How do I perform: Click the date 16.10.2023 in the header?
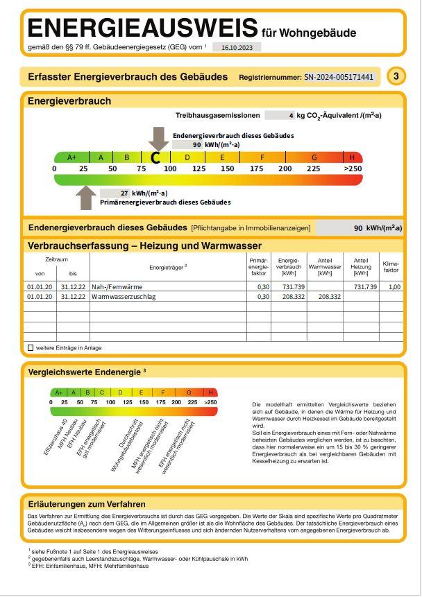(x=236, y=48)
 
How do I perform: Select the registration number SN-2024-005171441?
(x=339, y=77)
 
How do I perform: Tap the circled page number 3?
(x=396, y=76)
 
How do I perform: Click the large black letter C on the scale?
(x=155, y=158)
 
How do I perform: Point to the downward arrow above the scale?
(x=158, y=138)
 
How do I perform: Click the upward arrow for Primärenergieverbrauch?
(x=86, y=198)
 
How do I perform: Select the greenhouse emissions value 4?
(x=290, y=115)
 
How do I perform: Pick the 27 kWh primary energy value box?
(x=115, y=193)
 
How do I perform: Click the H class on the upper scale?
(x=352, y=157)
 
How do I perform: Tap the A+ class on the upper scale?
(x=71, y=157)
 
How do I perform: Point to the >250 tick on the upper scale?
(x=353, y=168)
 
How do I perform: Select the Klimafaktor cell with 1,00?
(x=394, y=286)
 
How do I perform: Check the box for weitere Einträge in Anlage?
(x=30, y=347)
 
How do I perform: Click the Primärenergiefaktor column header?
(x=258, y=266)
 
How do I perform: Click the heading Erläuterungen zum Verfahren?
(x=87, y=504)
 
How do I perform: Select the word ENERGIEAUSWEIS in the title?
(x=142, y=29)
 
